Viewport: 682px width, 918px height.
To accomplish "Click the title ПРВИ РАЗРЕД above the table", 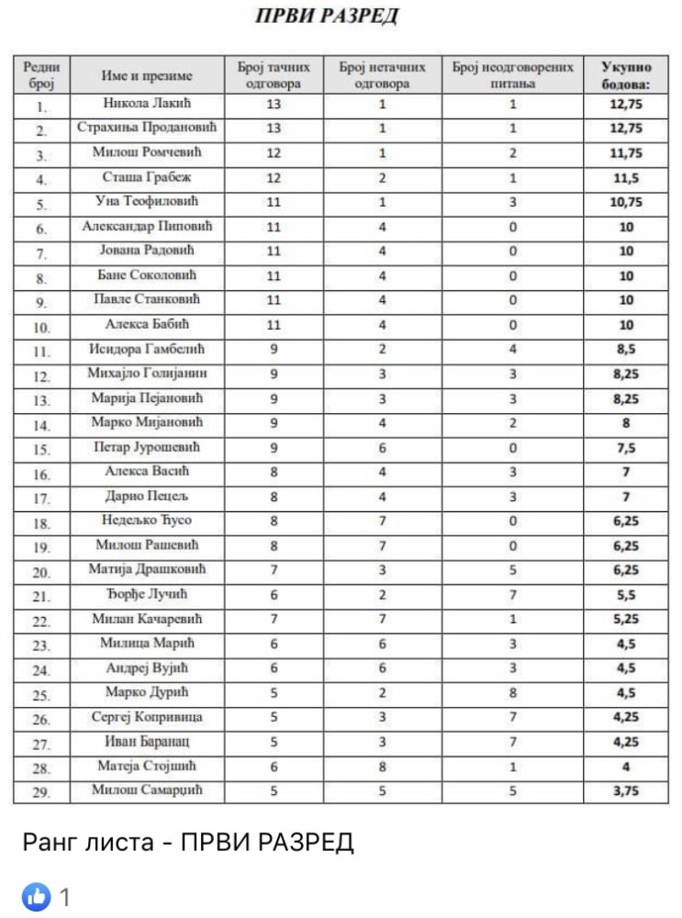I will tap(326, 17).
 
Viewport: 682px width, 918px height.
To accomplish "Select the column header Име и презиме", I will tap(147, 75).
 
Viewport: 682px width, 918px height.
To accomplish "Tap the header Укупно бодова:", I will tap(626, 75).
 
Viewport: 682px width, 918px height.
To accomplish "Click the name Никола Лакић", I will tap(147, 104).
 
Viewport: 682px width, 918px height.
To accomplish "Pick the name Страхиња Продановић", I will tap(147, 129).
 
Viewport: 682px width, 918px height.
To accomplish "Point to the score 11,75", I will tap(626, 153).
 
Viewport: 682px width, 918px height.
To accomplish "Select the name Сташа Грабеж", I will tap(147, 177).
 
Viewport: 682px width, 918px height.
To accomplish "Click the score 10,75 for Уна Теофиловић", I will tap(626, 202).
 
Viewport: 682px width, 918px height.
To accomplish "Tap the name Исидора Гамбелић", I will tap(147, 349).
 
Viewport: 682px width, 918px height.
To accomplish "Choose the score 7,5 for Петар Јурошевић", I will tap(626, 447).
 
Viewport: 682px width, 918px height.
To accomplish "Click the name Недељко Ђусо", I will tap(147, 521).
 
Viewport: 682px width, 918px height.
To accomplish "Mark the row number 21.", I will tap(41, 596).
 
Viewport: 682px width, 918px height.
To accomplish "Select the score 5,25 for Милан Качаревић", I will tap(626, 620).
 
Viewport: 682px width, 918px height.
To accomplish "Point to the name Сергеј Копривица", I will tap(147, 717).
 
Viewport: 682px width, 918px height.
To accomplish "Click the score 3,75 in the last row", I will tap(626, 790).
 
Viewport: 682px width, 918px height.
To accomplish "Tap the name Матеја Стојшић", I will tap(147, 766).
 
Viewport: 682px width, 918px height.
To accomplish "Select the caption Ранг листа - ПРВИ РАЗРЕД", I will tap(187, 842).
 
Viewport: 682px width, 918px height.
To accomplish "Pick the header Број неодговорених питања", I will tap(512, 75).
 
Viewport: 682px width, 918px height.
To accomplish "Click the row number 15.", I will tap(41, 449).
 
